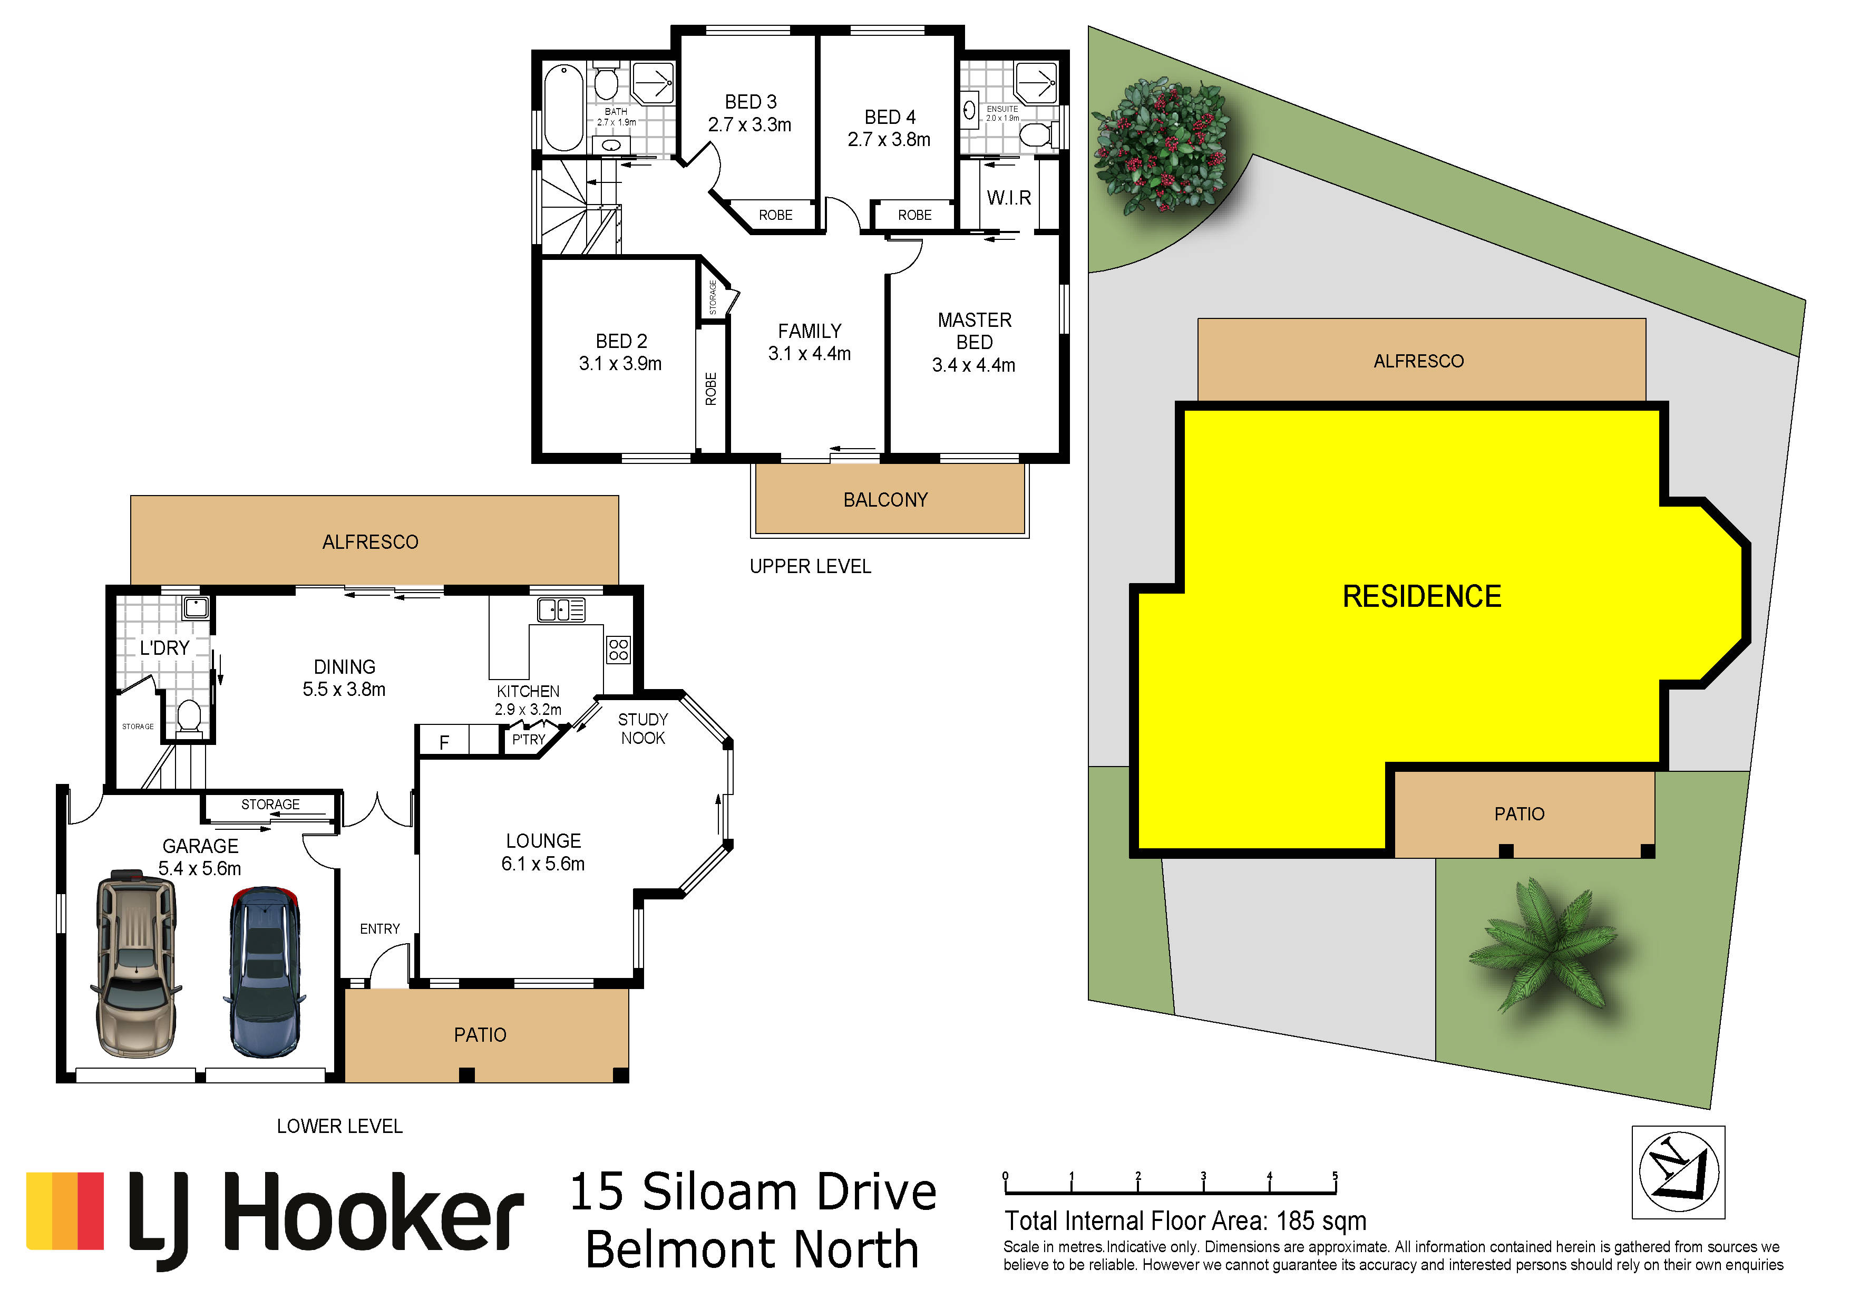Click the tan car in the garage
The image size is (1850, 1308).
coord(135,963)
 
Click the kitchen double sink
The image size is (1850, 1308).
coord(562,610)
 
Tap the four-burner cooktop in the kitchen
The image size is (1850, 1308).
coord(618,650)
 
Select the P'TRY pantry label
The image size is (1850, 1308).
coord(529,740)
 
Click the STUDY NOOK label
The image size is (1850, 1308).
coord(643,729)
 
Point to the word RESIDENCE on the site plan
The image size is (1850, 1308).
coord(1421,596)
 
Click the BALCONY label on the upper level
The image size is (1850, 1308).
coord(885,500)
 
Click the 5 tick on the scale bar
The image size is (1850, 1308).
coord(1335,1183)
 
